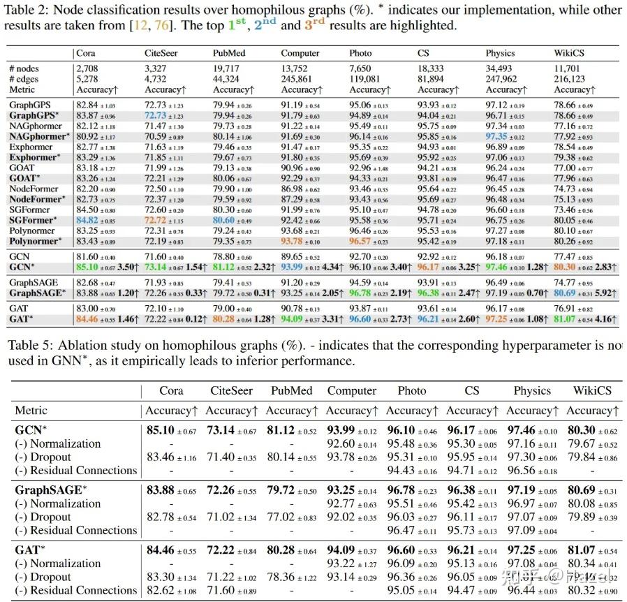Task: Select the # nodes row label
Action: (24, 68)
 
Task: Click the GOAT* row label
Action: (24, 179)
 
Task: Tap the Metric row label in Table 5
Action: (31, 411)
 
